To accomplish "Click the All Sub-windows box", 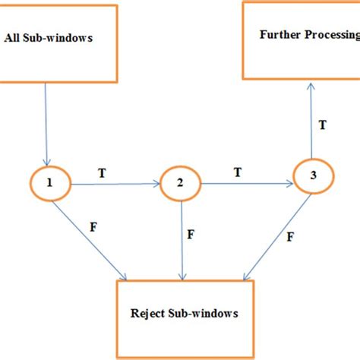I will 59,42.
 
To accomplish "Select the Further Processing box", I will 301,39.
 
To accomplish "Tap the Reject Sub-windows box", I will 185,314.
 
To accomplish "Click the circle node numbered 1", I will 50,183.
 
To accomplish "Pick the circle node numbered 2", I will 180,183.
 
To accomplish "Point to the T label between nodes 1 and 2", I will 103,173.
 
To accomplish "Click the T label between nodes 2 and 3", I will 238,172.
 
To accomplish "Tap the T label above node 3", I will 323,125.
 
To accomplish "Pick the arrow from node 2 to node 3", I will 247,183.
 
